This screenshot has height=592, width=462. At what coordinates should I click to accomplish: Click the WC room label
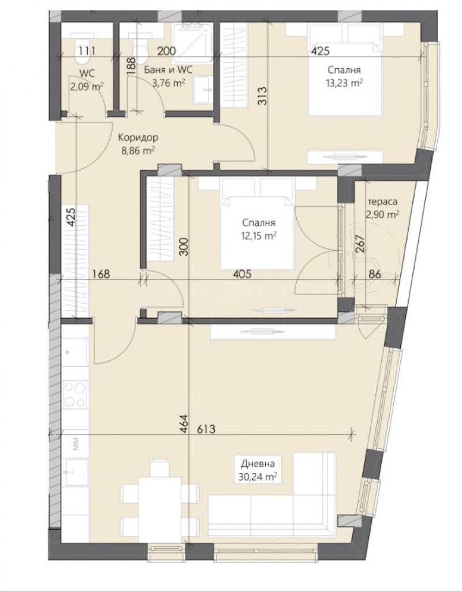[x=87, y=73]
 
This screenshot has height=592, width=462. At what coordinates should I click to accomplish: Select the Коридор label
[x=137, y=138]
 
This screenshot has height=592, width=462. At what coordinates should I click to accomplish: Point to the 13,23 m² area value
[x=344, y=83]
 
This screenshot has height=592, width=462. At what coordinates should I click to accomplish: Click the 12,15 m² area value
[x=259, y=236]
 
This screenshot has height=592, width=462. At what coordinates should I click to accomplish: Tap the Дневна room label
[x=258, y=463]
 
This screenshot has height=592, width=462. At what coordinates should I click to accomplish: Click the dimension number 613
[x=206, y=429]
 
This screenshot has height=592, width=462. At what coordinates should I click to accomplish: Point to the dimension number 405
[x=242, y=274]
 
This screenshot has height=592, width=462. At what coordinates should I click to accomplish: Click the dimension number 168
[x=101, y=274]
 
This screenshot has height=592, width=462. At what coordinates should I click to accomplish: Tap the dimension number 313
[x=263, y=96]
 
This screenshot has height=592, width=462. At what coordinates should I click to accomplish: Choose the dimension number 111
[x=87, y=51]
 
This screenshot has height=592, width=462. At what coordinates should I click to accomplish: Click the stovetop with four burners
[x=74, y=394]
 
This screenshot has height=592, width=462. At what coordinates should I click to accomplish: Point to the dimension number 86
[x=374, y=274]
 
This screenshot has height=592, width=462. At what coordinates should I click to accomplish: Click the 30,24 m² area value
[x=258, y=477]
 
